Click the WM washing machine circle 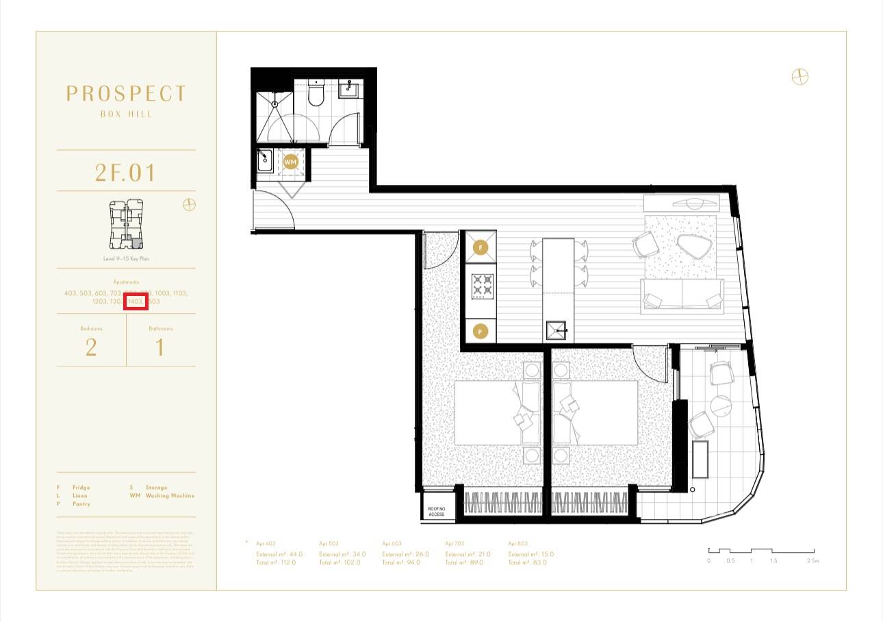pos(291,162)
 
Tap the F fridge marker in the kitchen pos(481,248)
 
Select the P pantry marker pos(481,332)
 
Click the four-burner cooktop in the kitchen pos(481,286)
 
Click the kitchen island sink pos(558,330)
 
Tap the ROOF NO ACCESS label pos(437,510)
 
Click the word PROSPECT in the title pos(126,94)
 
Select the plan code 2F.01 pos(126,173)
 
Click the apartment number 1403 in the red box pos(136,301)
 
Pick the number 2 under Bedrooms pos(91,347)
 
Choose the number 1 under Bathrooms pos(160,347)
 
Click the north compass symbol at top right pos(799,77)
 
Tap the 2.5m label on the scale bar pos(812,561)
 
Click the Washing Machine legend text pos(170,495)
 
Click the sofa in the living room pos(682,295)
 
